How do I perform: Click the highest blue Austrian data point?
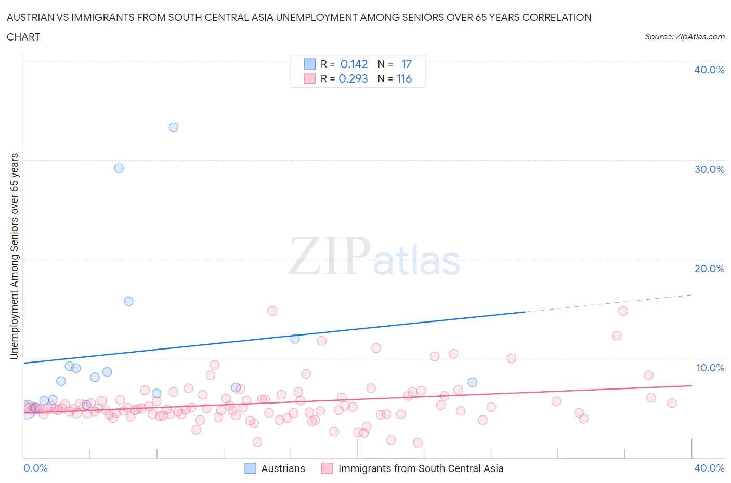[x=174, y=127]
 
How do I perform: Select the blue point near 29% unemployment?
[x=119, y=168]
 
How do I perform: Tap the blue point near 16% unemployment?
[x=128, y=301]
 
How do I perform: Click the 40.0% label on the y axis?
[x=709, y=70]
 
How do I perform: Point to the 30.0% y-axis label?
[x=709, y=169]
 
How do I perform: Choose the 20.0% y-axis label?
[x=709, y=269]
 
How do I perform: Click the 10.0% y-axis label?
[x=710, y=368]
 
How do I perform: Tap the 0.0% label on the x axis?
[x=35, y=468]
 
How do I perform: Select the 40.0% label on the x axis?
[x=709, y=468]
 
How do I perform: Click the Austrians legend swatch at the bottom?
[x=251, y=468]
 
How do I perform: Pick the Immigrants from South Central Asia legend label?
[x=421, y=468]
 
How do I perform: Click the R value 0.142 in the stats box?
[x=354, y=64]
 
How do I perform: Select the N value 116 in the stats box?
[x=404, y=78]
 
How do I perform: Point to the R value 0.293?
[x=353, y=78]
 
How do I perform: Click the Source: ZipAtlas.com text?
[x=684, y=36]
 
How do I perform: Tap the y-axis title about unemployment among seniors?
[x=15, y=257]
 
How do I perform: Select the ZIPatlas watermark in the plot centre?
[x=374, y=257]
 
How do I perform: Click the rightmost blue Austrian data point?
[x=472, y=382]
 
